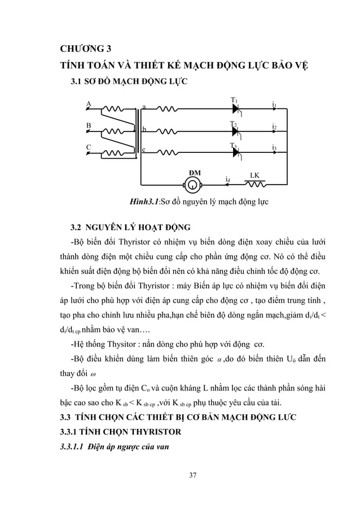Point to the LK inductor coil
(x=257, y=183)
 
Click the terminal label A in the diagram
(x=88, y=103)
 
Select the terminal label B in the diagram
(x=88, y=125)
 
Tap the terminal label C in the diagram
(x=88, y=147)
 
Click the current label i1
(x=274, y=104)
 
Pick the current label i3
(x=274, y=148)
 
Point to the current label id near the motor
(x=227, y=179)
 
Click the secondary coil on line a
(x=168, y=108)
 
